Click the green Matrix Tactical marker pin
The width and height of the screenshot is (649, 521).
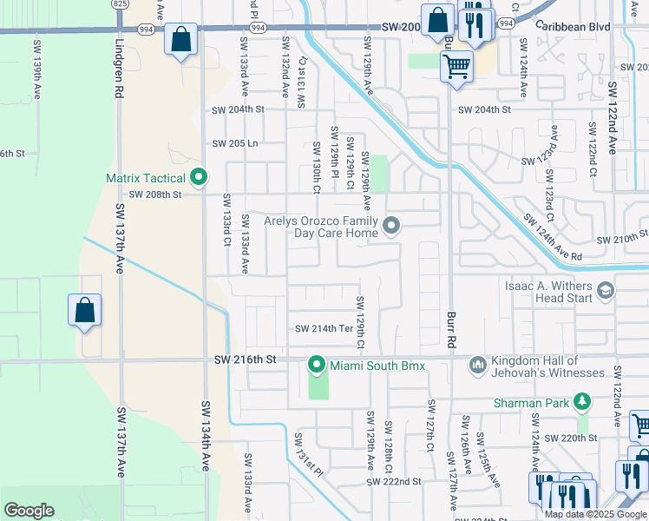[199, 178]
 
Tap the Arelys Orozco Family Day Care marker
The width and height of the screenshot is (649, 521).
[391, 227]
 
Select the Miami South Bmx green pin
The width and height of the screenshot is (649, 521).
[318, 365]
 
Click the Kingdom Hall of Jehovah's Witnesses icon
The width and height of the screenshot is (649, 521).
[477, 366]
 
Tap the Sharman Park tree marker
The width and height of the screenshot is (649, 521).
[585, 402]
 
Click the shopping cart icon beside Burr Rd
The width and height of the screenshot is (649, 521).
[456, 66]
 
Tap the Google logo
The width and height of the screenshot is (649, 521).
[29, 511]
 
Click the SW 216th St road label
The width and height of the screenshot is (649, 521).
[245, 359]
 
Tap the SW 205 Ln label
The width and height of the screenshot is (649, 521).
[236, 143]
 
